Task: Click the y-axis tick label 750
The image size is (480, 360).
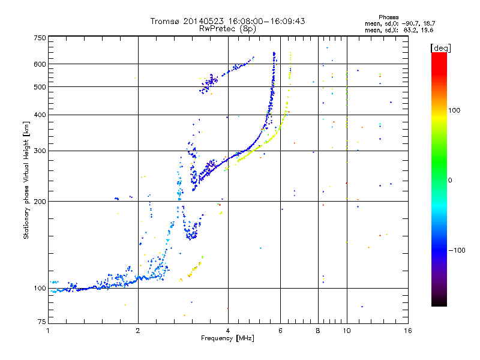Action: [40, 38]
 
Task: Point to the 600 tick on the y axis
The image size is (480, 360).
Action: [40, 64]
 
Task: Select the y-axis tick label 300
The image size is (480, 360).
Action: [40, 151]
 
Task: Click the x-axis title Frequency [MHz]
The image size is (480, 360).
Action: [227, 339]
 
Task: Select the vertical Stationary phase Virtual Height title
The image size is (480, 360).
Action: [26, 180]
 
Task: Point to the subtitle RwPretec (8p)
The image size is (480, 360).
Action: [227, 28]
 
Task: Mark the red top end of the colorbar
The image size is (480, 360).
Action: [439, 55]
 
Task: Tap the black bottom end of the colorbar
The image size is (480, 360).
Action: [439, 304]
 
